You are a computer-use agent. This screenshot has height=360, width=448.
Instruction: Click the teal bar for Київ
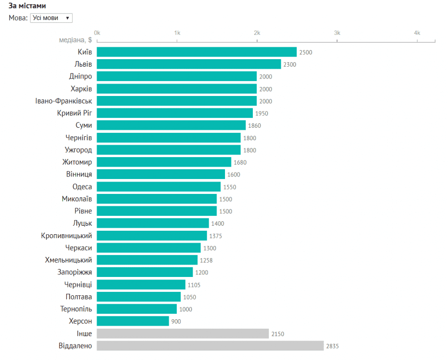(x=197, y=52)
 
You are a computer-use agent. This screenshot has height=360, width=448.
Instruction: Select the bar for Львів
(x=189, y=64)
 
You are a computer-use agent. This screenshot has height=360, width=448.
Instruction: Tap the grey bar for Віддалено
(x=210, y=346)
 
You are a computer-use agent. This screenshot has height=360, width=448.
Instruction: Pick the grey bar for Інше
(x=183, y=333)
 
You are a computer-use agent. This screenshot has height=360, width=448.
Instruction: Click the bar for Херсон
(x=133, y=321)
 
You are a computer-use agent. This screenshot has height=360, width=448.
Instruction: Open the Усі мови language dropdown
(x=51, y=18)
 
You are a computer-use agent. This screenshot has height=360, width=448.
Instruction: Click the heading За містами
(x=28, y=5)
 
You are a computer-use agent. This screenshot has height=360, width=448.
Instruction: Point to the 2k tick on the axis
(x=257, y=33)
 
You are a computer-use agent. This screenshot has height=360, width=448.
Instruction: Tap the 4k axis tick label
(x=417, y=33)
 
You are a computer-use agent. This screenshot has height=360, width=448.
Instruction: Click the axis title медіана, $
(x=75, y=40)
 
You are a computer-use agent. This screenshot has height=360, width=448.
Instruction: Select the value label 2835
(x=332, y=346)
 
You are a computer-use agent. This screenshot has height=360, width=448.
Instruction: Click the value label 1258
(x=206, y=260)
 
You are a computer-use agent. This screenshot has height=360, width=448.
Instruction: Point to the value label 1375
(x=216, y=236)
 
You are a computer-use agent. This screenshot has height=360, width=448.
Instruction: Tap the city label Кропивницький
(x=66, y=235)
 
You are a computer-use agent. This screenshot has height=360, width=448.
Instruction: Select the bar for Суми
(x=171, y=125)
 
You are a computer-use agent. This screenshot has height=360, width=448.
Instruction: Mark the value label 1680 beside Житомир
(x=240, y=162)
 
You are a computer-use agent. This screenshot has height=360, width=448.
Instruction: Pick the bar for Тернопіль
(x=137, y=309)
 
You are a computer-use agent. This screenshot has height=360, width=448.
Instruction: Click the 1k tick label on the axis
(x=177, y=33)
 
